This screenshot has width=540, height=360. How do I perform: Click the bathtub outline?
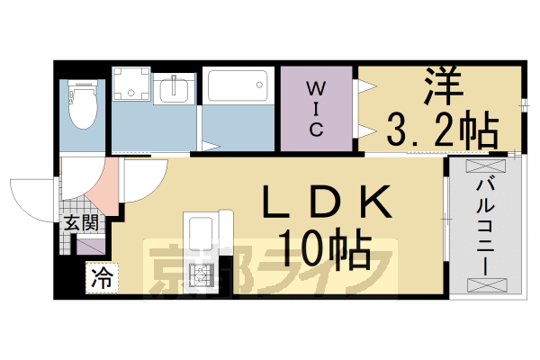pos(235,87)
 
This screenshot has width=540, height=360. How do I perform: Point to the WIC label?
pos(317,109)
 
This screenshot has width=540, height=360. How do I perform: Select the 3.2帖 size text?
pos(442,132)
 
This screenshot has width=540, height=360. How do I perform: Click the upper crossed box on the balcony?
pos(483,167)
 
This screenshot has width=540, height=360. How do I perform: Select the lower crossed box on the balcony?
pos(483,284)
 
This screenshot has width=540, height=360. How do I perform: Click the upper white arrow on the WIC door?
pos(366,87)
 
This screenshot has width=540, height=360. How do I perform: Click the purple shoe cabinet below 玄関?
pos(90,246)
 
